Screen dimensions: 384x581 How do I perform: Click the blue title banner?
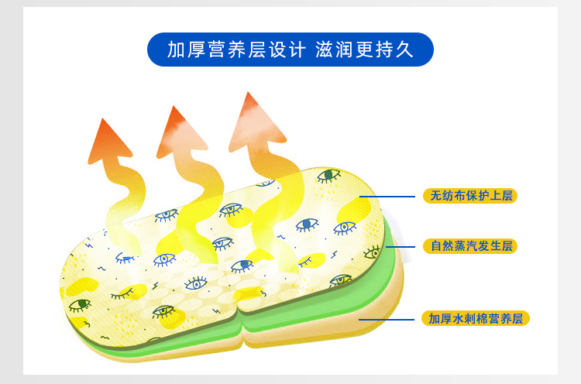click(x=290, y=50)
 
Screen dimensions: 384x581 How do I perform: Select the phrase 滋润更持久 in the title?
click(x=363, y=50)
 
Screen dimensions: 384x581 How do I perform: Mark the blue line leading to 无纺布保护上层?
click(x=398, y=196)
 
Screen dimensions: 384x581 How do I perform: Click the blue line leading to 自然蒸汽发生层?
click(x=404, y=246)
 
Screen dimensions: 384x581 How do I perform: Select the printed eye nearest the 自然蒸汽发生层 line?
click(x=373, y=251)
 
